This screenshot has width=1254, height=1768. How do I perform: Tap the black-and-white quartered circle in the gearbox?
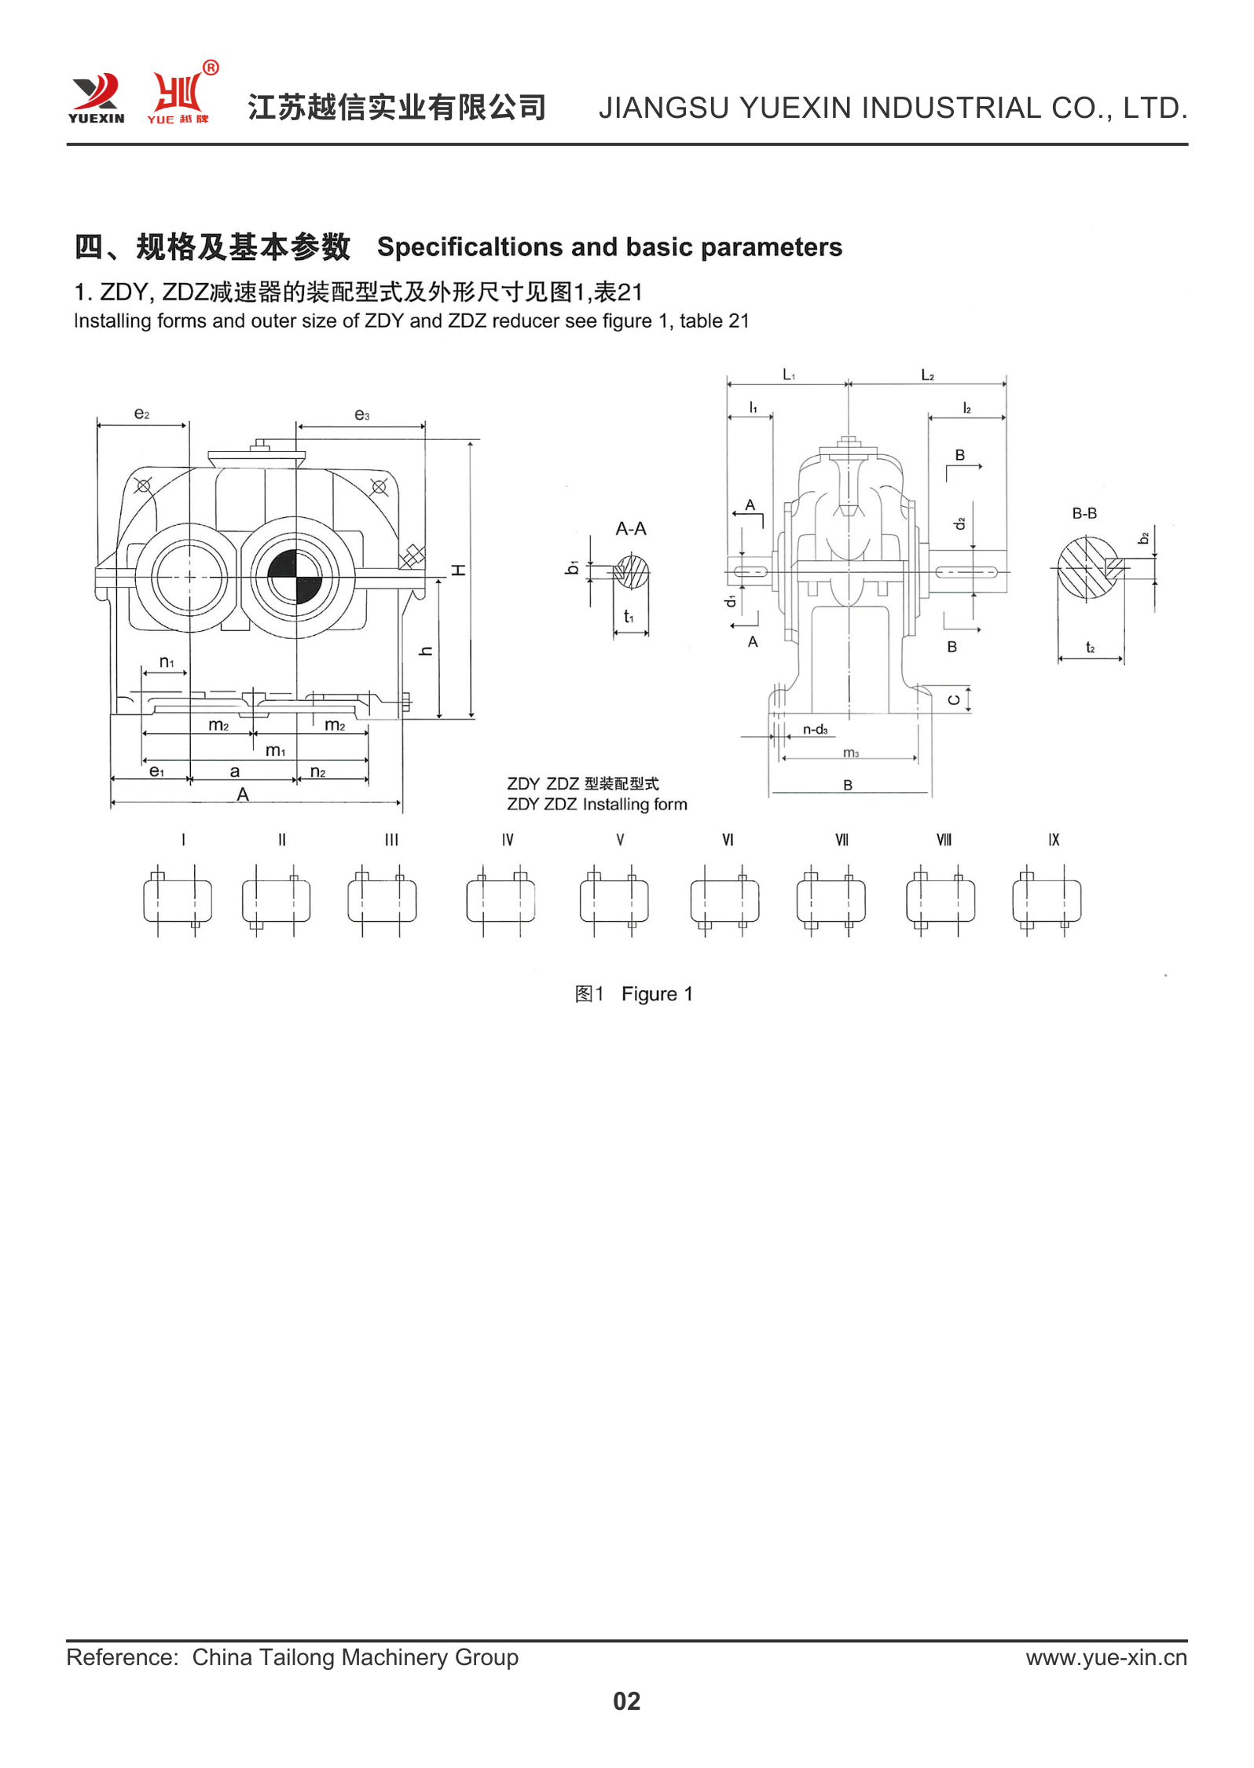pyautogui.click(x=295, y=576)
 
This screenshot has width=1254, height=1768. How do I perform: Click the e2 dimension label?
pyautogui.click(x=141, y=414)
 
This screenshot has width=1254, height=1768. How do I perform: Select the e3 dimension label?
pyautogui.click(x=361, y=415)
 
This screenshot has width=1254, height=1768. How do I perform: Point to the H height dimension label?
pyautogui.click(x=459, y=570)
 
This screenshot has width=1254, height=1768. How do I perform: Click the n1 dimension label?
pyautogui.click(x=167, y=662)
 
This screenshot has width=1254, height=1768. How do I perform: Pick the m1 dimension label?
pyautogui.click(x=275, y=750)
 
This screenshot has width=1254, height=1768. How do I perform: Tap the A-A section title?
pyautogui.click(x=630, y=529)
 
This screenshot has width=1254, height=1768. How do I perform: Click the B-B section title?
pyautogui.click(x=1084, y=513)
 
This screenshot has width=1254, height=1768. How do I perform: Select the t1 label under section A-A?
pyautogui.click(x=629, y=617)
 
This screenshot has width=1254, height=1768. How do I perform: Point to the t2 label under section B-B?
pyautogui.click(x=1090, y=647)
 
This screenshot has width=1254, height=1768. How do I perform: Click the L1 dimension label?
pyautogui.click(x=788, y=376)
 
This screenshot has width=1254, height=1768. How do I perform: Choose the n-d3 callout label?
pyautogui.click(x=815, y=729)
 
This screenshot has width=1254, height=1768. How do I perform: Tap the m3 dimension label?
pyautogui.click(x=851, y=753)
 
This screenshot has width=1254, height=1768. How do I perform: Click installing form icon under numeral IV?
pyautogui.click(x=500, y=901)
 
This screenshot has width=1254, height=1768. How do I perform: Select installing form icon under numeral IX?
pyautogui.click(x=1047, y=901)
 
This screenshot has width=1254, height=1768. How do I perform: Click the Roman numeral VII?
pyautogui.click(x=841, y=840)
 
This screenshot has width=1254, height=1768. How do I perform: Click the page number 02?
pyautogui.click(x=626, y=1701)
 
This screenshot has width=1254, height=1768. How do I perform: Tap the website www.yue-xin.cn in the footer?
pyautogui.click(x=1105, y=1657)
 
